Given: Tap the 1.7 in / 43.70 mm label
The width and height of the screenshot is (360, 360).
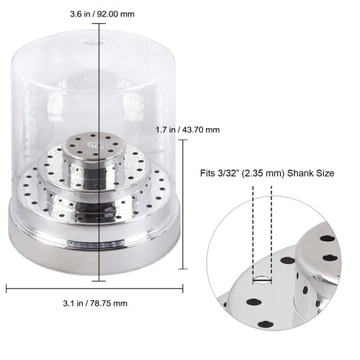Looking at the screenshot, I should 187,130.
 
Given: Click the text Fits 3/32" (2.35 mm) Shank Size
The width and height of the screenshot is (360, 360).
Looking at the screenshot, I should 263,174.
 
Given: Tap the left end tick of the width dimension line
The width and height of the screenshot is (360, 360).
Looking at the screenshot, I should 6,288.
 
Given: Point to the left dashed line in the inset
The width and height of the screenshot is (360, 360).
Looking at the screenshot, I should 253,230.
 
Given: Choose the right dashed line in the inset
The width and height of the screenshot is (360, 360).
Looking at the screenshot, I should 271,230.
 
